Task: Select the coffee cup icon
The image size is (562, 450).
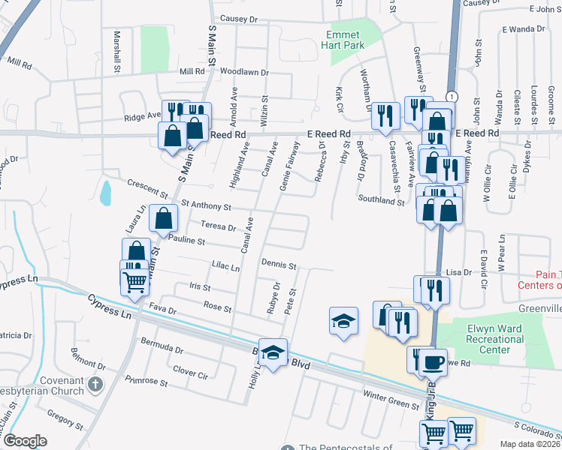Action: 432,361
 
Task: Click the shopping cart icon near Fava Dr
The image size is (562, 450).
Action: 134,282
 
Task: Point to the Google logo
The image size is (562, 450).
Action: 25,440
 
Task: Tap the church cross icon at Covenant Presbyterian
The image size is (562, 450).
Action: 95,385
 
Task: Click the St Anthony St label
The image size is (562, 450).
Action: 205,205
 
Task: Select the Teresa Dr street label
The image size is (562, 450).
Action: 219,226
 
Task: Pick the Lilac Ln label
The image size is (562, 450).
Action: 225,268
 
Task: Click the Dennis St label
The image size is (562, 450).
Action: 279,265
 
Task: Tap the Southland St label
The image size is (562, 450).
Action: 381,200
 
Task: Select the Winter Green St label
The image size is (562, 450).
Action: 391,405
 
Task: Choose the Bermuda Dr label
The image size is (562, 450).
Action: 162,349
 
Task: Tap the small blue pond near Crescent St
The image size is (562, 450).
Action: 104,192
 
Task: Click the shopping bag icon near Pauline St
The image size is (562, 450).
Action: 163,218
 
